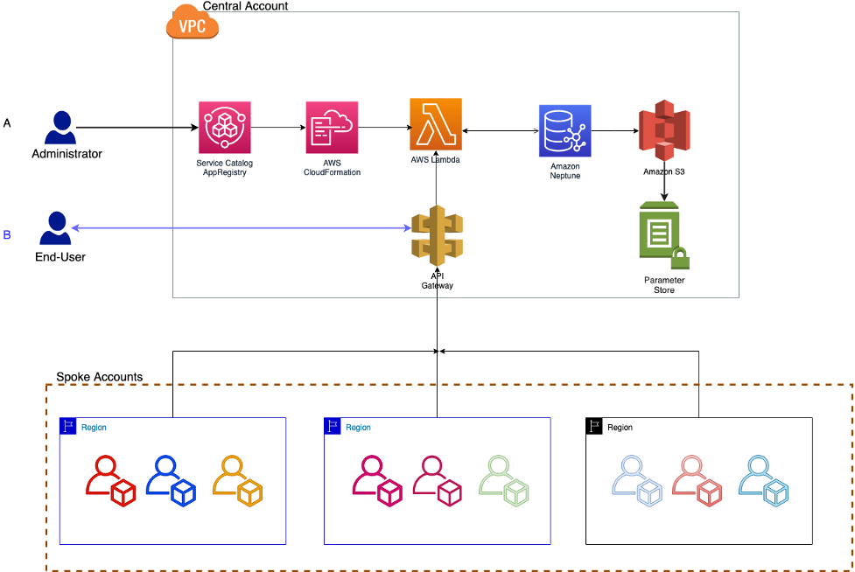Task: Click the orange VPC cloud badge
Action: pyautogui.click(x=193, y=25)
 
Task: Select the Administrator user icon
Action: pyautogui.click(x=60, y=128)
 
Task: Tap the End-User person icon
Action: pyautogui.click(x=56, y=229)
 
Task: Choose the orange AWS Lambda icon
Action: pyautogui.click(x=436, y=125)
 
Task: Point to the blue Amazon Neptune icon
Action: pyautogui.click(x=564, y=130)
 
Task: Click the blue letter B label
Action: pyautogui.click(x=7, y=234)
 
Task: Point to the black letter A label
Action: pyautogui.click(x=7, y=123)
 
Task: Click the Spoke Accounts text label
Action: pyautogui.click(x=99, y=377)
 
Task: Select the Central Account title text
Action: pyautogui.click(x=245, y=6)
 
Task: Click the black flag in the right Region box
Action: pyautogui.click(x=594, y=427)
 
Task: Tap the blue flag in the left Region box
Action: pyautogui.click(x=68, y=427)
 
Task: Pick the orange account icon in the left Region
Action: pyautogui.click(x=238, y=481)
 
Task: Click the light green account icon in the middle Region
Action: pyautogui.click(x=504, y=481)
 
